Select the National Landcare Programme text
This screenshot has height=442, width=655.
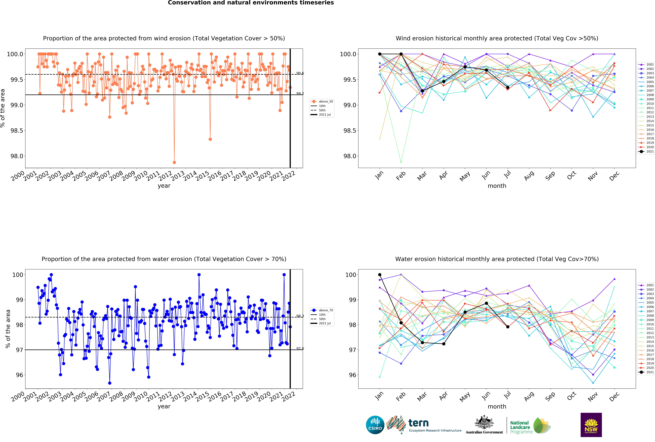coord(521,427)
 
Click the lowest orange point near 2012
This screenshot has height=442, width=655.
coord(174,162)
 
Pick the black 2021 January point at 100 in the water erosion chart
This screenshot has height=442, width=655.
coord(380,275)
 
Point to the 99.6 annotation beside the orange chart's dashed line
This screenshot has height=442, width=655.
coord(300,73)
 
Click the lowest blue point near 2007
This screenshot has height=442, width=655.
coord(110,383)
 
